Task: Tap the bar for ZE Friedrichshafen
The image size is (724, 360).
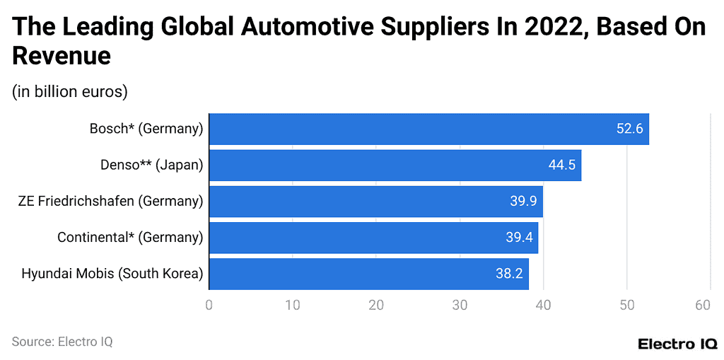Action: (x=375, y=201)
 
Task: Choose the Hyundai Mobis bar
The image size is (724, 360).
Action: (x=368, y=274)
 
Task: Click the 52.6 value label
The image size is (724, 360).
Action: (x=629, y=129)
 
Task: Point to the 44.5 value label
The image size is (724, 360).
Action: (x=562, y=165)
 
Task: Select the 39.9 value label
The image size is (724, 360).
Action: (x=524, y=201)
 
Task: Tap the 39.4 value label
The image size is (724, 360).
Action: (x=520, y=237)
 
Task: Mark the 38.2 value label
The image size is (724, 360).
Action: (x=509, y=274)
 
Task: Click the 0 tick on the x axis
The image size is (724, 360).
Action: (x=209, y=305)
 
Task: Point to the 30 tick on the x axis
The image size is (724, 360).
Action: (x=460, y=305)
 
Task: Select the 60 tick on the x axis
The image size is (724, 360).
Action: (x=702, y=305)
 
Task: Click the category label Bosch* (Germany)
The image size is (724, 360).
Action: (x=146, y=129)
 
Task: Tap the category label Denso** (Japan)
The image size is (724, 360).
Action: (x=152, y=165)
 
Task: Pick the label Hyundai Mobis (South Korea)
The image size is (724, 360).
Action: (x=112, y=274)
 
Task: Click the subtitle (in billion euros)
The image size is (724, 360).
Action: (x=69, y=91)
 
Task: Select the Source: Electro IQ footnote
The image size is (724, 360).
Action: (x=62, y=342)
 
